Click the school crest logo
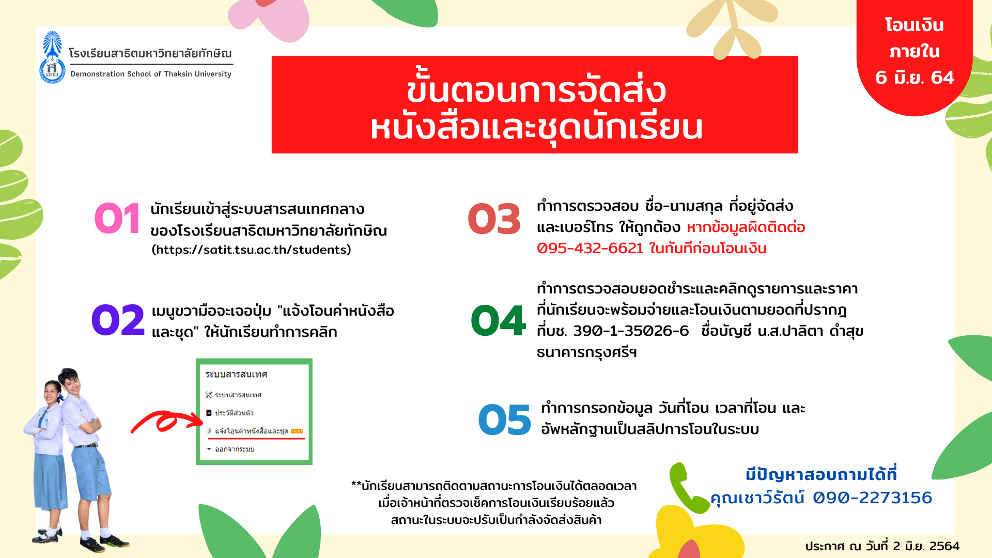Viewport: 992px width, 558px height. [52, 57]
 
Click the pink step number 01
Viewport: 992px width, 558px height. [117, 219]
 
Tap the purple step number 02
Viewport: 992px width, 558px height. [118, 320]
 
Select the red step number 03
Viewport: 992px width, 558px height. [494, 219]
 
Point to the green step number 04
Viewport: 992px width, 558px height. [498, 320]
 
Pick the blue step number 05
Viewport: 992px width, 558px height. [504, 420]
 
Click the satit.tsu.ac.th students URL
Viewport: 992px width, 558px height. [251, 250]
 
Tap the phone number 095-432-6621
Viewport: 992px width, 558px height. [590, 249]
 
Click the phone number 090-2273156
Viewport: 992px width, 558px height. [872, 498]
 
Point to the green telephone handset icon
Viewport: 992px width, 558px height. [687, 487]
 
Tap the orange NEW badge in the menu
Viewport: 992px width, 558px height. [297, 431]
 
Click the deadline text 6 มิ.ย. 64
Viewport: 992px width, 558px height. [915, 78]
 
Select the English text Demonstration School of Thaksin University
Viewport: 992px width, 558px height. [151, 74]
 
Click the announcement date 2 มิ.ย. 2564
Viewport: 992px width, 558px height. [926, 546]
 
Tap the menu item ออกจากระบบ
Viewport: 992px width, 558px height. [235, 449]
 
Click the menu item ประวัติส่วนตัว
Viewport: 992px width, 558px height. [234, 413]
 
